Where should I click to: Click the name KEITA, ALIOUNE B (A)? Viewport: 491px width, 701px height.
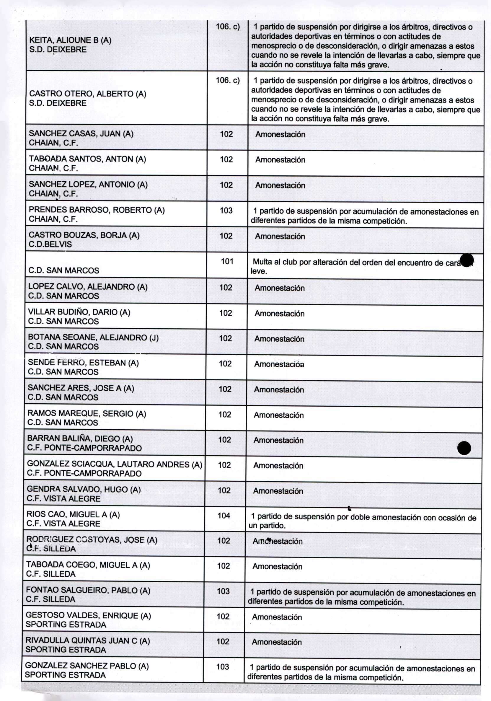(70, 40)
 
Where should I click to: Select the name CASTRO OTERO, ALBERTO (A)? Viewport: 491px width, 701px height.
(87, 94)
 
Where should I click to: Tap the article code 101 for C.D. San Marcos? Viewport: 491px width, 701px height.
(227, 261)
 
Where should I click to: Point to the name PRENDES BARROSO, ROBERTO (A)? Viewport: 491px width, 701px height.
(97, 210)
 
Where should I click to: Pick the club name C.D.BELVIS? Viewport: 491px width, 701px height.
(50, 244)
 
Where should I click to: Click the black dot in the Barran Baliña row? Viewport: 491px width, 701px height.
(464, 448)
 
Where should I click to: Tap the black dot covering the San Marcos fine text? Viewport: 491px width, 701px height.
(467, 260)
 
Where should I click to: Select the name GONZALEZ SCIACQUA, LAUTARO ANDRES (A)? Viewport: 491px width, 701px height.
(115, 464)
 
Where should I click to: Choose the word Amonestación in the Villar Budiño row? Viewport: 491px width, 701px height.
(279, 314)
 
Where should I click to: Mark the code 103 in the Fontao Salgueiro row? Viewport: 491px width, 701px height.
(223, 591)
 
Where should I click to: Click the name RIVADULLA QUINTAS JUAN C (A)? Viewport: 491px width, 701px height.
(87, 640)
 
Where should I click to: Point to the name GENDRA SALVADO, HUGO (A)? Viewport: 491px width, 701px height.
(84, 489)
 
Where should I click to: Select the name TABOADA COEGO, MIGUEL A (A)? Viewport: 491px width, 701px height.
(88, 565)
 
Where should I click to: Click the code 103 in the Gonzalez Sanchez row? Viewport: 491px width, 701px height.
(223, 667)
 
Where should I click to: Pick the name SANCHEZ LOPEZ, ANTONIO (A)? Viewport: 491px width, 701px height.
(88, 185)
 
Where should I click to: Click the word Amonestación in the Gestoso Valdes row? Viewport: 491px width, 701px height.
(277, 617)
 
